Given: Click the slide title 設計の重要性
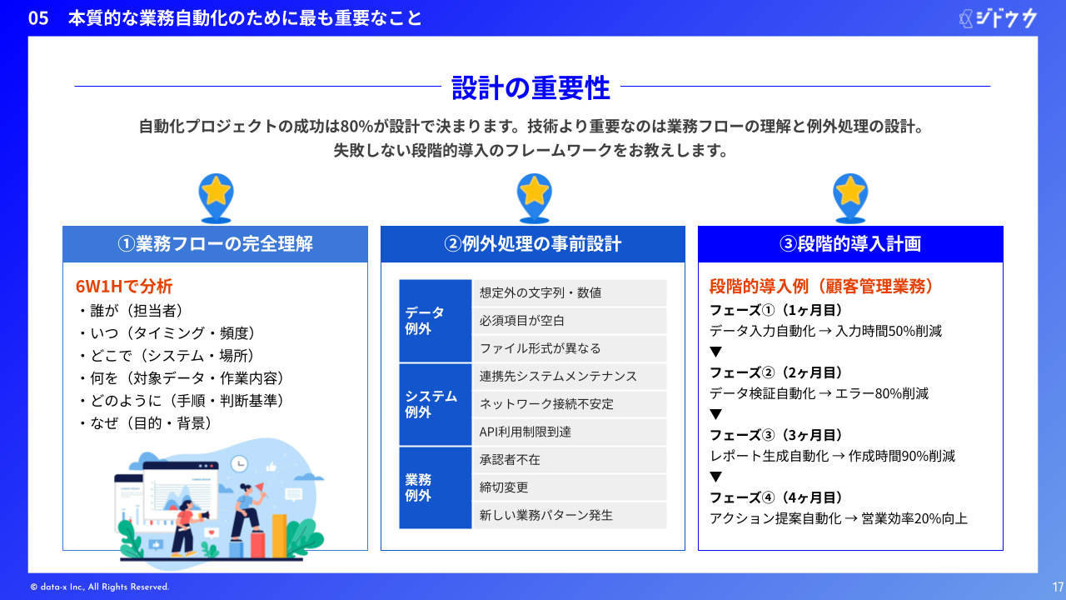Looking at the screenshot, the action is [x=531, y=87].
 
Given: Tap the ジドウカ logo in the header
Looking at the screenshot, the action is [x=998, y=18].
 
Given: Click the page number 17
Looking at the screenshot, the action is [x=1058, y=587].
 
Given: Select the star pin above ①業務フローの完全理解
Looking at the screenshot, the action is [x=216, y=198].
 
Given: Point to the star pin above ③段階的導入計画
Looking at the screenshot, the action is [x=850, y=198].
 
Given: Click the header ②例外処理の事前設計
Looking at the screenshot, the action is [x=533, y=244].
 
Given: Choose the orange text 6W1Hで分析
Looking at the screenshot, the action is [x=124, y=286].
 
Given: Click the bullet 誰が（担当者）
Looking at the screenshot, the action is [x=131, y=311].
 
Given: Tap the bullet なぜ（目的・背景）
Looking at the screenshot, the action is [x=145, y=422].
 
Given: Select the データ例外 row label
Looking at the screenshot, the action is [x=425, y=321].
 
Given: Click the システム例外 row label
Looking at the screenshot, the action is [x=431, y=404].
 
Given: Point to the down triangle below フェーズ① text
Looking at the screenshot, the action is [x=715, y=352].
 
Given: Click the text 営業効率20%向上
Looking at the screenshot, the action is [x=914, y=518].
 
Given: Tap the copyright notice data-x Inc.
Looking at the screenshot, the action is [x=99, y=587].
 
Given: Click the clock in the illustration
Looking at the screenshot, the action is [x=239, y=463].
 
